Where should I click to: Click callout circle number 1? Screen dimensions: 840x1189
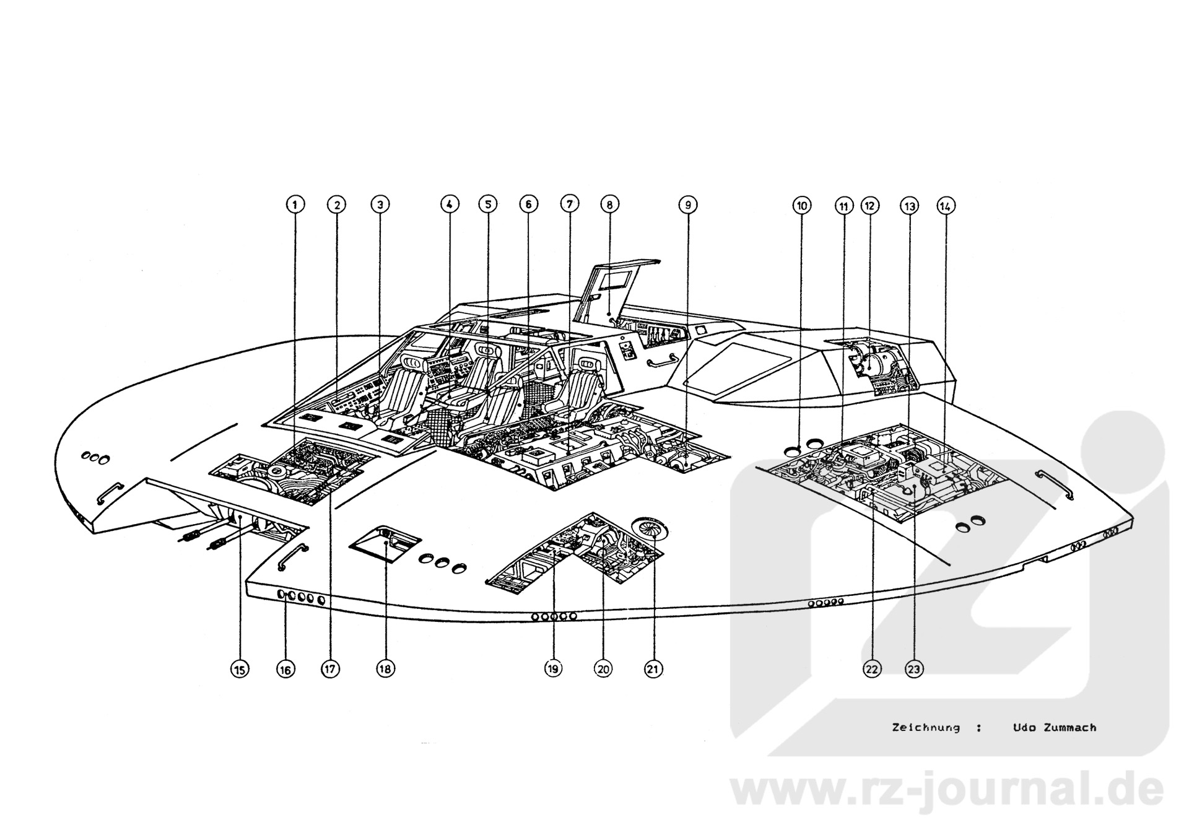point(295,204)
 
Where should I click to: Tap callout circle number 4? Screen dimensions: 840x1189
point(450,204)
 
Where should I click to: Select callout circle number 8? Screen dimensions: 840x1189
point(609,204)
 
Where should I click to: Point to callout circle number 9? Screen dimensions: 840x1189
point(687,204)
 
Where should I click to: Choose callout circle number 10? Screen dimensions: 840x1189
point(802,205)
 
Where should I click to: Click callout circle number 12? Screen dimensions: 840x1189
point(870,205)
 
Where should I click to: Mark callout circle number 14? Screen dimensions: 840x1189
point(945,206)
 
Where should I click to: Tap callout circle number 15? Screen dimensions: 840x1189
point(240,669)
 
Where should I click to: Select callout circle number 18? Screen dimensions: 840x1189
point(385,669)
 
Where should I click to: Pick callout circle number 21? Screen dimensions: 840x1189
point(653,669)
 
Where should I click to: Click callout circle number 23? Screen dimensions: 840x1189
point(914,669)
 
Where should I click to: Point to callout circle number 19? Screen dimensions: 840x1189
point(553,669)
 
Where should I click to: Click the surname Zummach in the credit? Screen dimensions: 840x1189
point(1069,727)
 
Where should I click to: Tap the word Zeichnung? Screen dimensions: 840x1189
point(926,727)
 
